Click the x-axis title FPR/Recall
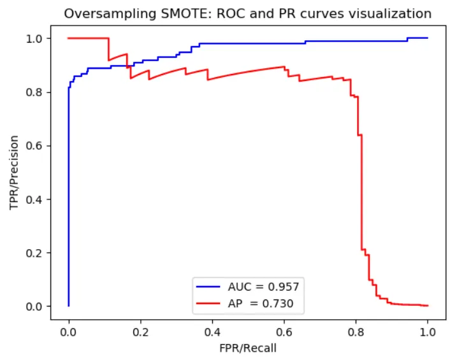[x=247, y=349]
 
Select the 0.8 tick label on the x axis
[x=356, y=332]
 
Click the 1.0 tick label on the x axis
[x=427, y=332]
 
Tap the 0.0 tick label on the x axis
[x=68, y=332]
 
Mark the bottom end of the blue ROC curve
[x=68, y=306]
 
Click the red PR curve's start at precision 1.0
[x=69, y=38]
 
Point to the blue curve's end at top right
[x=427, y=38]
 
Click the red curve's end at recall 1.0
[x=427, y=306]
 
